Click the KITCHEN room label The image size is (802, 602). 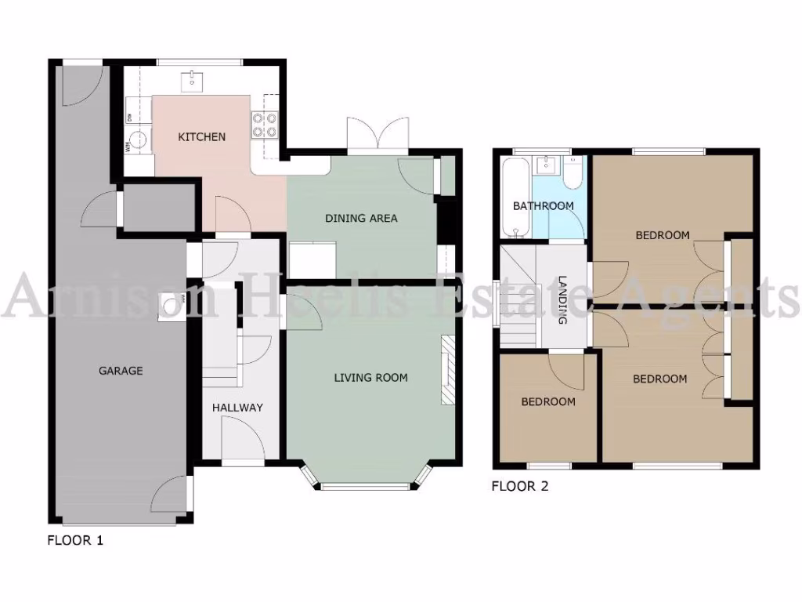pyautogui.click(x=201, y=137)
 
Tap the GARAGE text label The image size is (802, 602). pyautogui.click(x=121, y=371)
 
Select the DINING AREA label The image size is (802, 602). pyautogui.click(x=361, y=218)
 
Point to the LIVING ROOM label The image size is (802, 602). pyautogui.click(x=370, y=378)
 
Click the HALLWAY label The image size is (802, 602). pyautogui.click(x=237, y=408)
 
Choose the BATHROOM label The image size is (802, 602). pyautogui.click(x=543, y=206)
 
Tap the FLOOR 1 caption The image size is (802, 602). pyautogui.click(x=75, y=540)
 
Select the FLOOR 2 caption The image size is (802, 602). pyautogui.click(x=519, y=486)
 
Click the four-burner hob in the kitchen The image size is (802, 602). pyautogui.click(x=264, y=124)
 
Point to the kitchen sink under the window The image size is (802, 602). pyautogui.click(x=191, y=79)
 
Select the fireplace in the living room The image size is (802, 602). pyautogui.click(x=447, y=370)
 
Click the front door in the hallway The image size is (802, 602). pyautogui.click(x=242, y=439)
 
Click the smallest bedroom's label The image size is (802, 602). pyautogui.click(x=548, y=402)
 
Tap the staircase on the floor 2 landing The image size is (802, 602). pyautogui.click(x=518, y=298)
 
